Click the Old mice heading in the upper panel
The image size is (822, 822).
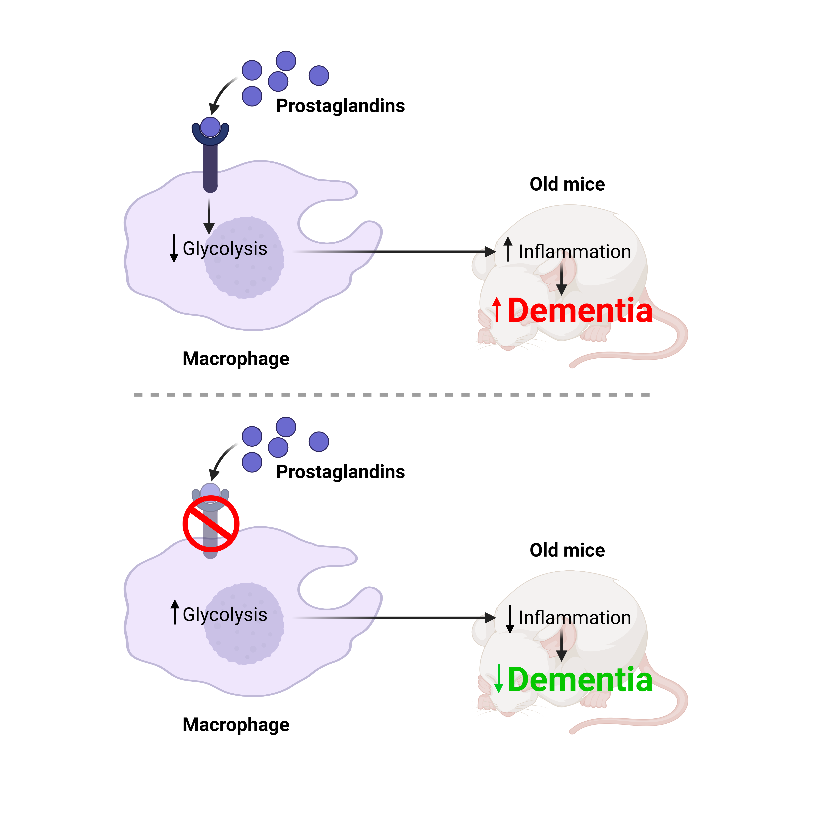[567, 184]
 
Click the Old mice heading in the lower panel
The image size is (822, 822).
[567, 550]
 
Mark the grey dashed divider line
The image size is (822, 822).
[391, 395]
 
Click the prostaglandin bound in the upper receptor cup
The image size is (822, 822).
[210, 127]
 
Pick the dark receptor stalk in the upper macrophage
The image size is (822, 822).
[210, 168]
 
